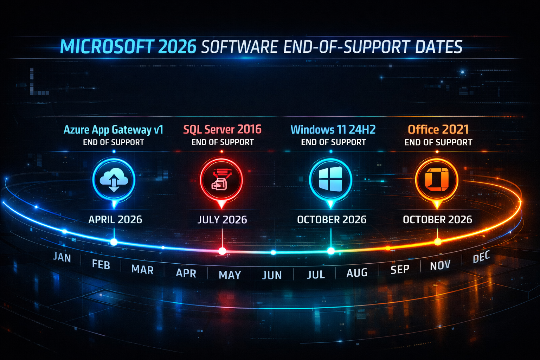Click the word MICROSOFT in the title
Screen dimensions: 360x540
click(107, 47)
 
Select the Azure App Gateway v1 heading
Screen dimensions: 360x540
click(113, 130)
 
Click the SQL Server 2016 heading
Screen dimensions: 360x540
click(222, 129)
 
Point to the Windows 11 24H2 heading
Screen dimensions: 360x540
click(333, 130)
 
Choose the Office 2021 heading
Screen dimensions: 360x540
click(438, 129)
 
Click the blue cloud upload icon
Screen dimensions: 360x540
click(114, 180)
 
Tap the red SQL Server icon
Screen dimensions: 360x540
click(221, 180)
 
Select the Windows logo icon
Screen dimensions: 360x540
click(330, 179)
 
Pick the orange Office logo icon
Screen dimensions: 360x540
click(437, 179)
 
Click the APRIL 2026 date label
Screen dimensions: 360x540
click(115, 220)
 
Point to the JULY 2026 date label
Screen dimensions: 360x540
click(222, 220)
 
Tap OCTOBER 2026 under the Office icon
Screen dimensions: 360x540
click(437, 220)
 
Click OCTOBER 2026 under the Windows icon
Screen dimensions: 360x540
click(332, 220)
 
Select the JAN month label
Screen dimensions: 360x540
click(62, 257)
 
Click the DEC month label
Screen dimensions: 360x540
click(481, 257)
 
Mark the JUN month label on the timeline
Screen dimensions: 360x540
click(272, 275)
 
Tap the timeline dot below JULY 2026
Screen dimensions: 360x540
click(222, 251)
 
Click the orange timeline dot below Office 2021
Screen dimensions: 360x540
click(438, 242)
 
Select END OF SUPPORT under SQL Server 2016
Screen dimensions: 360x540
click(222, 142)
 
